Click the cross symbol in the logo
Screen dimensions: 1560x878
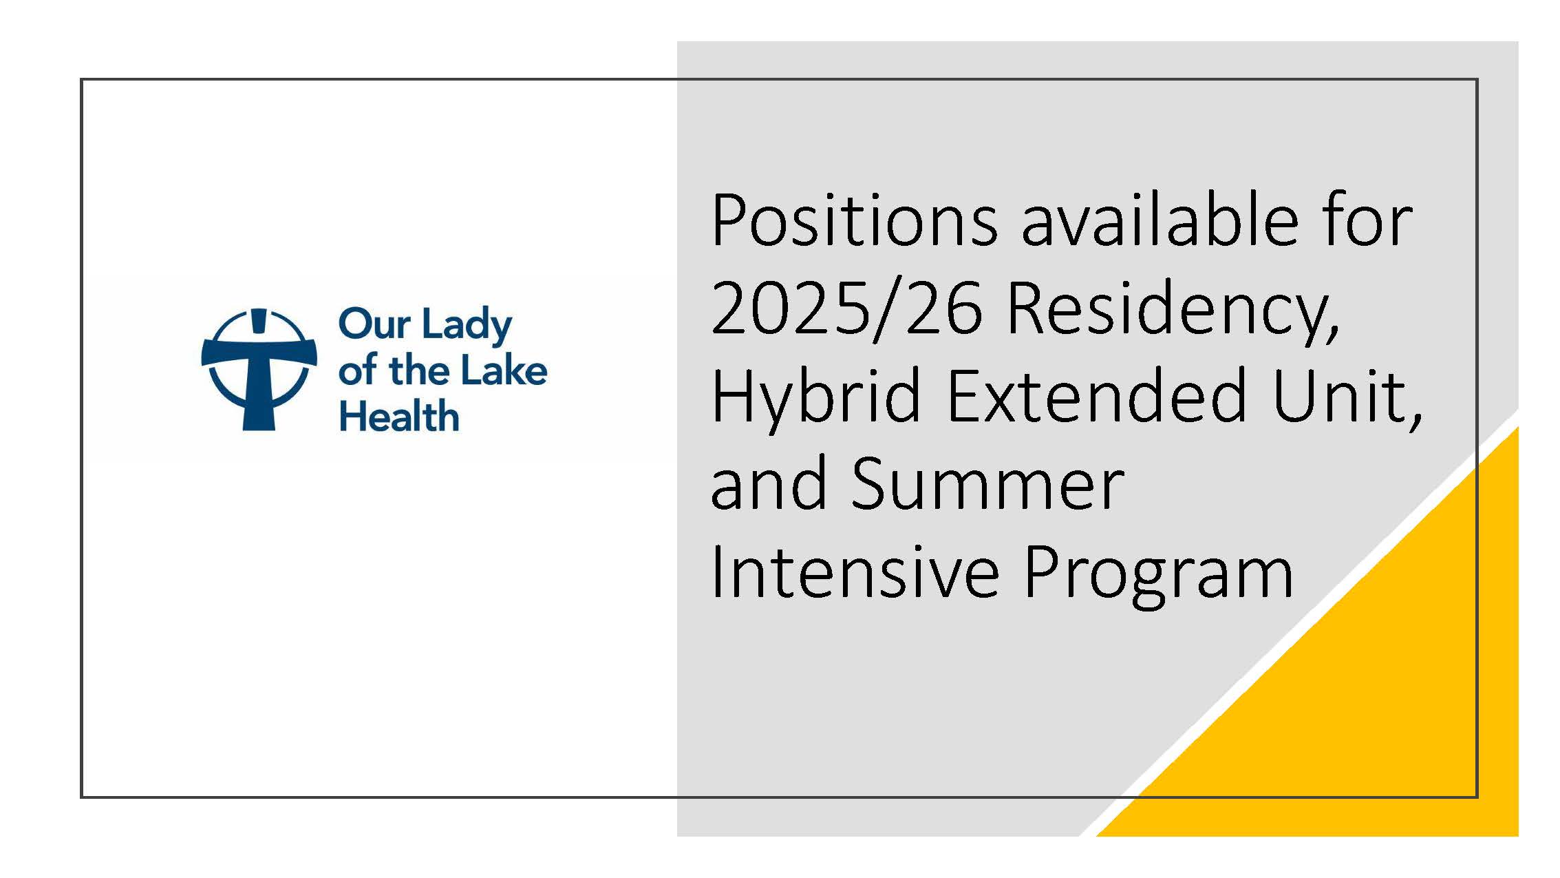(259, 369)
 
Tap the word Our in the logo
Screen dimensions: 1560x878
(375, 324)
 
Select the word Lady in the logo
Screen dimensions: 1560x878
(467, 326)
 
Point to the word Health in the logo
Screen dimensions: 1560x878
(399, 417)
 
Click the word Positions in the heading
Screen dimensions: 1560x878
(855, 220)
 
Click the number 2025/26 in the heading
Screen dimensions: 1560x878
(847, 308)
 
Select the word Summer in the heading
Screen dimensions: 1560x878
(988, 484)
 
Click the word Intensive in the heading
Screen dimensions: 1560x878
(855, 571)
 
